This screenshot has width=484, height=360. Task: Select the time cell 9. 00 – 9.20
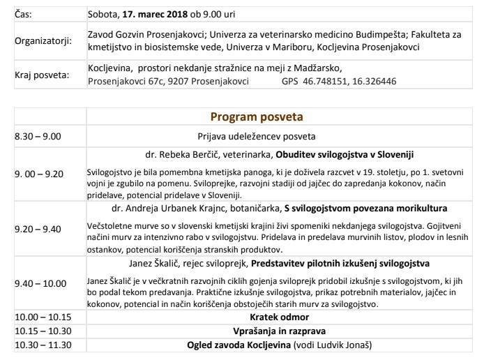(x=39, y=174)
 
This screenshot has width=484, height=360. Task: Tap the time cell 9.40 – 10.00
(x=40, y=283)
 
